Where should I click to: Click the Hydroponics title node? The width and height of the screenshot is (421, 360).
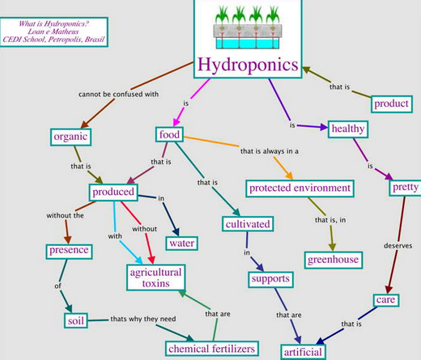tap(249, 65)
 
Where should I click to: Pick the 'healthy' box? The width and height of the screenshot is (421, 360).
tap(345, 128)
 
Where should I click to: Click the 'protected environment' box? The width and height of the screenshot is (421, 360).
tap(300, 188)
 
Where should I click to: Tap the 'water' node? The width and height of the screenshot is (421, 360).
tap(183, 242)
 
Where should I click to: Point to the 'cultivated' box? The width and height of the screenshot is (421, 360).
tap(247, 222)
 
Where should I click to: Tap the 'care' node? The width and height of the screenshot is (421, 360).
tap(385, 301)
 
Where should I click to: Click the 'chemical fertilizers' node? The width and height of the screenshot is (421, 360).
tap(212, 348)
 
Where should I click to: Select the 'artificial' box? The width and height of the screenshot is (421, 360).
tap(304, 351)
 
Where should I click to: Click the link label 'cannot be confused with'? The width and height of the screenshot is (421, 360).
tap(120, 94)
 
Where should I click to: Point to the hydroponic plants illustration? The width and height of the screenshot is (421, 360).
tap(249, 28)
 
